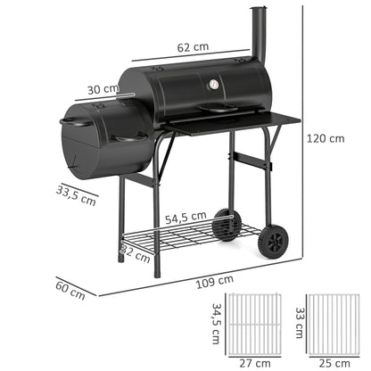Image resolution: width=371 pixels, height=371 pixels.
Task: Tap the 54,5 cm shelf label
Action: (185, 216)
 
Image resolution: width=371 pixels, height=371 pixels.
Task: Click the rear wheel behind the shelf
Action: (227, 224)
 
